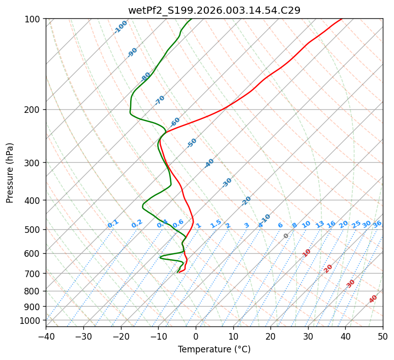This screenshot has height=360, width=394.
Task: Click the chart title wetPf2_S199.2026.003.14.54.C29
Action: click(x=214, y=10)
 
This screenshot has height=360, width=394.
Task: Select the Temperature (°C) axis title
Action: click(x=214, y=350)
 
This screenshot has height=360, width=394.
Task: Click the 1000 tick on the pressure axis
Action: click(x=32, y=320)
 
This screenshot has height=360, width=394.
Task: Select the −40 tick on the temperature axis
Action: click(x=46, y=337)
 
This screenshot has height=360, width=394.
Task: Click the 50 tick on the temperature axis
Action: click(x=383, y=337)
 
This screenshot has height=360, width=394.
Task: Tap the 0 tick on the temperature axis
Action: click(x=196, y=337)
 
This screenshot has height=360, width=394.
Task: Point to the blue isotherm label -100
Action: click(x=120, y=27)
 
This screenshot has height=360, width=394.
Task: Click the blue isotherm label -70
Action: click(x=160, y=100)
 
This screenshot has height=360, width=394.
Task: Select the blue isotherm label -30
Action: click(x=227, y=183)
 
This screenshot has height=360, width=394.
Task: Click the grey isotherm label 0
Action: click(x=286, y=236)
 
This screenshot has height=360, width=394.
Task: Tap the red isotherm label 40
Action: click(x=373, y=299)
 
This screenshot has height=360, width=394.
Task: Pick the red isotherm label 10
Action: click(x=307, y=253)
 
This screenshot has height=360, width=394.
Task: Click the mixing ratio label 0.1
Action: click(x=113, y=224)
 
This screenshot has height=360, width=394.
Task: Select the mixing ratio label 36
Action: click(x=377, y=224)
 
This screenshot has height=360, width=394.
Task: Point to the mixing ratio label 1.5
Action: click(x=216, y=224)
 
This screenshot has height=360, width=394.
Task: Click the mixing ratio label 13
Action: click(x=320, y=224)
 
